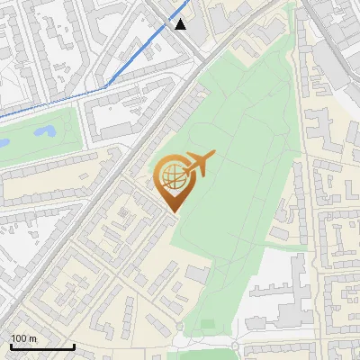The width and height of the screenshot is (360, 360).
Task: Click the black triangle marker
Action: pyautogui.click(x=181, y=24)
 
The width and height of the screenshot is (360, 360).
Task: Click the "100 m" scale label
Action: pyautogui.click(x=23, y=337)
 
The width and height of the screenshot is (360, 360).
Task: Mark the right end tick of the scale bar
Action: pyautogui.click(x=74, y=346)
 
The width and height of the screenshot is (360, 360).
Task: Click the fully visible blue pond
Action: pyautogui.click(x=43, y=133)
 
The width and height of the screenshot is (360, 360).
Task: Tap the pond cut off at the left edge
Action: pyautogui.click(x=3, y=142)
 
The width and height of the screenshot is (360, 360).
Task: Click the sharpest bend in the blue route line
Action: pyautogui.click(x=107, y=86)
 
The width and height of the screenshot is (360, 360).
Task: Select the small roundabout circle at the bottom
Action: pyautogui.click(x=235, y=346)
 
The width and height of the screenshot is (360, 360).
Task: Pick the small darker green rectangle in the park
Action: pyautogui.click(x=208, y=323)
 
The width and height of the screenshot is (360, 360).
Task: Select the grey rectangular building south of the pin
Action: pyautogui.click(x=199, y=274)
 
